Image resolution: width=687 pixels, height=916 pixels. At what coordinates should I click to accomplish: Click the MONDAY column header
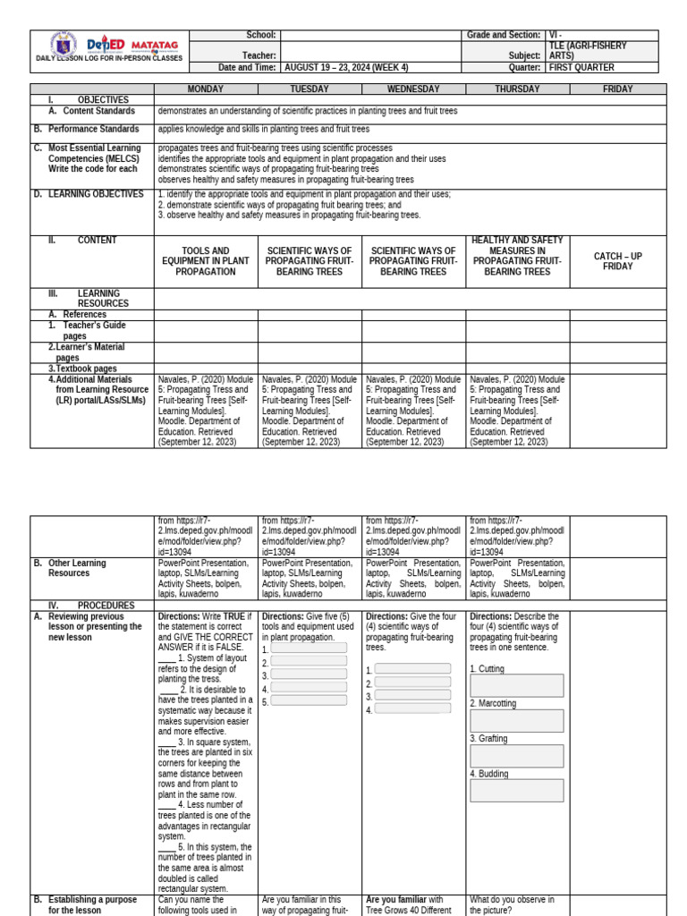[206, 89]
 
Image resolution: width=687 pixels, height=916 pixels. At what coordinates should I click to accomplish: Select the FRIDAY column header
[617, 89]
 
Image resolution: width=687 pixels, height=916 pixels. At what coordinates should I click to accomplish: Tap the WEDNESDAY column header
[413, 89]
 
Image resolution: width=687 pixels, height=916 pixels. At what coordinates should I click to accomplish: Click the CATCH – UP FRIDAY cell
[617, 261]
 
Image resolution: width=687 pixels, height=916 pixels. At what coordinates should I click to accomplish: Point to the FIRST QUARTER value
[583, 67]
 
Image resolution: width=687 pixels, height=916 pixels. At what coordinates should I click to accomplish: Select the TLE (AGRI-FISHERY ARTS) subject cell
[589, 50]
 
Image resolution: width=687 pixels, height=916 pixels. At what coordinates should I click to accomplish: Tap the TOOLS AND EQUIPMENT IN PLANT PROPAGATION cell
[206, 261]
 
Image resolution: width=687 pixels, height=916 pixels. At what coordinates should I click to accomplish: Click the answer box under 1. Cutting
[517, 685]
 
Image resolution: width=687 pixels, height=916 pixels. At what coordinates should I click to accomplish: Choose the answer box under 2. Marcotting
[517, 721]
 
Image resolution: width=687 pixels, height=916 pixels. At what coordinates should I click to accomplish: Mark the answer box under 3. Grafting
[517, 756]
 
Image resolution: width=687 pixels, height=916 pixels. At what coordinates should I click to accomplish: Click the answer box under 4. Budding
[517, 791]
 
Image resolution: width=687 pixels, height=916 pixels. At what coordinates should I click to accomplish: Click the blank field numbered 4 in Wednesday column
[412, 709]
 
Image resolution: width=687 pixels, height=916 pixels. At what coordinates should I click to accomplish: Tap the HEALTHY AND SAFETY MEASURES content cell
[517, 256]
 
